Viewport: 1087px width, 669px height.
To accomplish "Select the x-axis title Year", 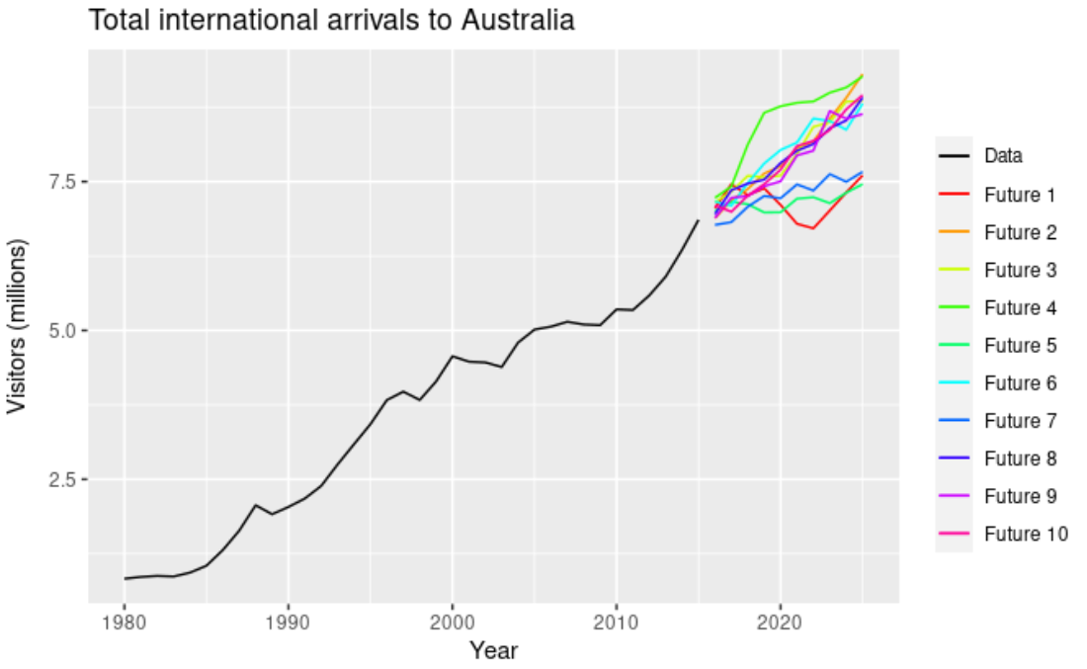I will [493, 650].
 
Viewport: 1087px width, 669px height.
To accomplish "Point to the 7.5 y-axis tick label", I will [60, 182].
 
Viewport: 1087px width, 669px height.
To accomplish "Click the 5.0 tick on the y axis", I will [60, 330].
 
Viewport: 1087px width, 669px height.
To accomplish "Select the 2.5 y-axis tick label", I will [60, 479].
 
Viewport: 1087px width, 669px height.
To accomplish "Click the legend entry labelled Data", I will [1003, 156].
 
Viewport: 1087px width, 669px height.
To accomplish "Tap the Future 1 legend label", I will [1020, 195].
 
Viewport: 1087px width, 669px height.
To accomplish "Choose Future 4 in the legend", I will [1020, 308].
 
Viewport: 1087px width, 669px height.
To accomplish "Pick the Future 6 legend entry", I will [1020, 383].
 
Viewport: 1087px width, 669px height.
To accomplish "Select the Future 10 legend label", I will [1025, 535].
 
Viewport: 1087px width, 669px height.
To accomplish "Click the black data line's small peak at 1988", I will [256, 505].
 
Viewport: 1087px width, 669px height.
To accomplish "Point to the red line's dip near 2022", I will [812, 228].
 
